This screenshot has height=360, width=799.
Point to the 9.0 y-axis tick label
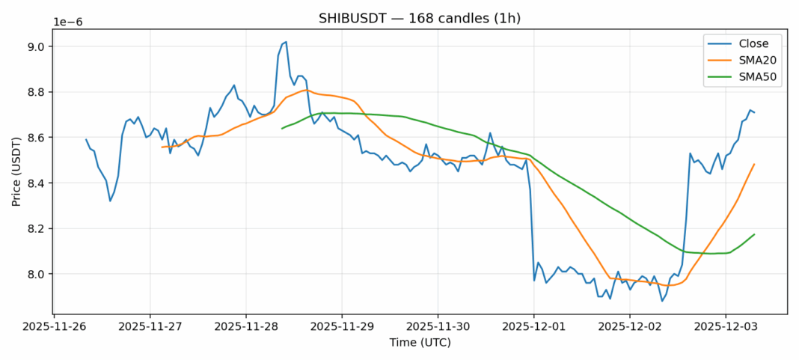[x=34, y=46]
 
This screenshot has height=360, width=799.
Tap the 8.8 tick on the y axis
[x=34, y=92]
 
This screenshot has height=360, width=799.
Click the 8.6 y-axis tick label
[x=34, y=138]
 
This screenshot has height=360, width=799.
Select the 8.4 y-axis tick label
[x=34, y=183]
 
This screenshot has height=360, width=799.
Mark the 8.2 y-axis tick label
[x=34, y=228]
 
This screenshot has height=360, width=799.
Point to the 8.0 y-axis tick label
[x=34, y=274]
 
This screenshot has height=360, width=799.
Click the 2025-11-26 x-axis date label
[x=54, y=327]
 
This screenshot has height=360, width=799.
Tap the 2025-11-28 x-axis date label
[x=246, y=327]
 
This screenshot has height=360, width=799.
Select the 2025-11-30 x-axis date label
[x=438, y=327]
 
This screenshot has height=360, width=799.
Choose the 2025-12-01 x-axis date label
[x=533, y=327]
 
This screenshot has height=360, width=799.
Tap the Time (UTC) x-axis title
[x=420, y=342]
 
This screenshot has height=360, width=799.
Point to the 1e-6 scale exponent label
[x=67, y=22]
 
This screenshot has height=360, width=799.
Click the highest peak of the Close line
[x=286, y=42]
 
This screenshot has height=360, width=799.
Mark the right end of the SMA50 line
[x=754, y=234]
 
